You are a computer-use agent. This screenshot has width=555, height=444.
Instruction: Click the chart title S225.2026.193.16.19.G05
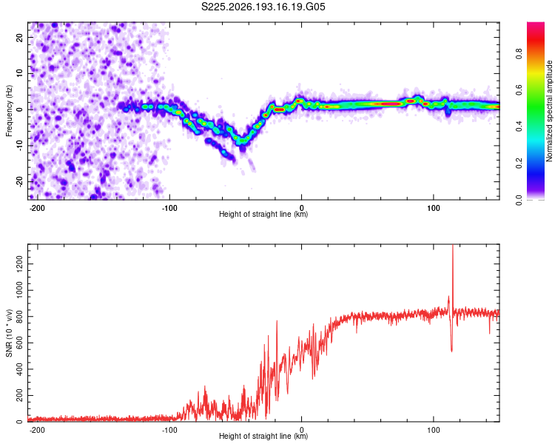[x=263, y=7]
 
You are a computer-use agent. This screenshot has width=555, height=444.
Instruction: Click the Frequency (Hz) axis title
[x=9, y=111]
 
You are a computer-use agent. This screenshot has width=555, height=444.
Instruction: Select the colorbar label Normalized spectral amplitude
[x=549, y=111]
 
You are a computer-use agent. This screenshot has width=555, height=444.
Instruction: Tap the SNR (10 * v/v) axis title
[x=9, y=333]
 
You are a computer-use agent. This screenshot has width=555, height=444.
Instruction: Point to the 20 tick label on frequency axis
[x=19, y=38]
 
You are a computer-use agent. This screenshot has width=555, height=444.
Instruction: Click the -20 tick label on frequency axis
[x=19, y=181]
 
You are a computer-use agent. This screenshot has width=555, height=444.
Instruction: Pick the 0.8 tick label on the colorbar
[x=519, y=54]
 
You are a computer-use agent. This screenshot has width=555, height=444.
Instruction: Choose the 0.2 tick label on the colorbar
[x=519, y=164]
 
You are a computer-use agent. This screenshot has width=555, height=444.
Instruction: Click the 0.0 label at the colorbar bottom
[x=519, y=200]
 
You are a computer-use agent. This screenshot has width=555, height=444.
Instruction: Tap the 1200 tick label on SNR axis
[x=19, y=264]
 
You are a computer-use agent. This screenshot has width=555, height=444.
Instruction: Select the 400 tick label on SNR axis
[x=19, y=369]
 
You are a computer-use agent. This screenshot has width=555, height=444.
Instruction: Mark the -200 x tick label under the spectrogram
[x=37, y=208]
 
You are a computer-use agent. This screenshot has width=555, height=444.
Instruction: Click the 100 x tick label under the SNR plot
[x=433, y=430]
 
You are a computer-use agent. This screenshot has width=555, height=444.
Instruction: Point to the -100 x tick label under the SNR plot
[x=169, y=430]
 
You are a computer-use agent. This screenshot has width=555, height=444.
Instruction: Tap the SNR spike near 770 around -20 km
[x=277, y=321]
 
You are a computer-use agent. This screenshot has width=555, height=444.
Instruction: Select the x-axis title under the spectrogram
[x=263, y=214]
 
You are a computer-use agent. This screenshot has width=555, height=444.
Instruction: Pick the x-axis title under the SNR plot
[x=263, y=436]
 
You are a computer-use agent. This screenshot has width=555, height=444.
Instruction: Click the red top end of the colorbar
[x=536, y=24]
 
